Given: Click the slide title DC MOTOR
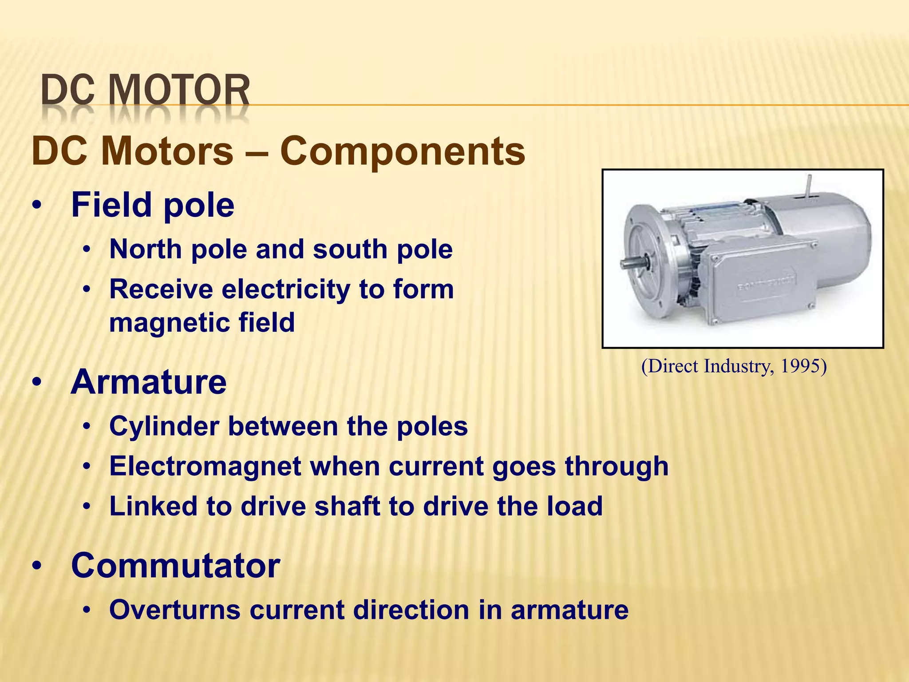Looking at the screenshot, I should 146,91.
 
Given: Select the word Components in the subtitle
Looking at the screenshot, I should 403,151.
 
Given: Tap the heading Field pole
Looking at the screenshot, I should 152,205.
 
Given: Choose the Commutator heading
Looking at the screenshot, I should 175,566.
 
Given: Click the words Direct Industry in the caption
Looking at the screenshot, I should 708,366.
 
